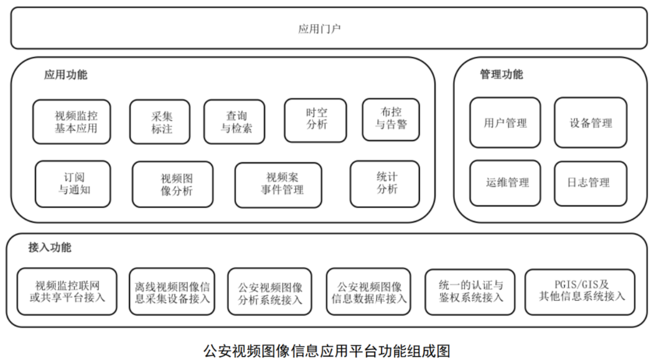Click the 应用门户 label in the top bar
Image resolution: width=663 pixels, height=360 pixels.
point(319,29)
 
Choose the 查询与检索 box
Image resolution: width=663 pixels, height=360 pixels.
point(236,122)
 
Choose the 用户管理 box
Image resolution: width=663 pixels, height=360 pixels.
point(505,123)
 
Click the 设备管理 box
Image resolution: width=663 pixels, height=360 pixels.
point(590,123)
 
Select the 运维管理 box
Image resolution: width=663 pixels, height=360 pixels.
point(505,183)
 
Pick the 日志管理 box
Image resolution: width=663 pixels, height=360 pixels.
point(590,183)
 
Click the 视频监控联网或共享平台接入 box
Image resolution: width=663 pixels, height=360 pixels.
point(68,291)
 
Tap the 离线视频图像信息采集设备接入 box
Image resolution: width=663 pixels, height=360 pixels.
point(172,291)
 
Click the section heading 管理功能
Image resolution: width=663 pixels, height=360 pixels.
point(501,75)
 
